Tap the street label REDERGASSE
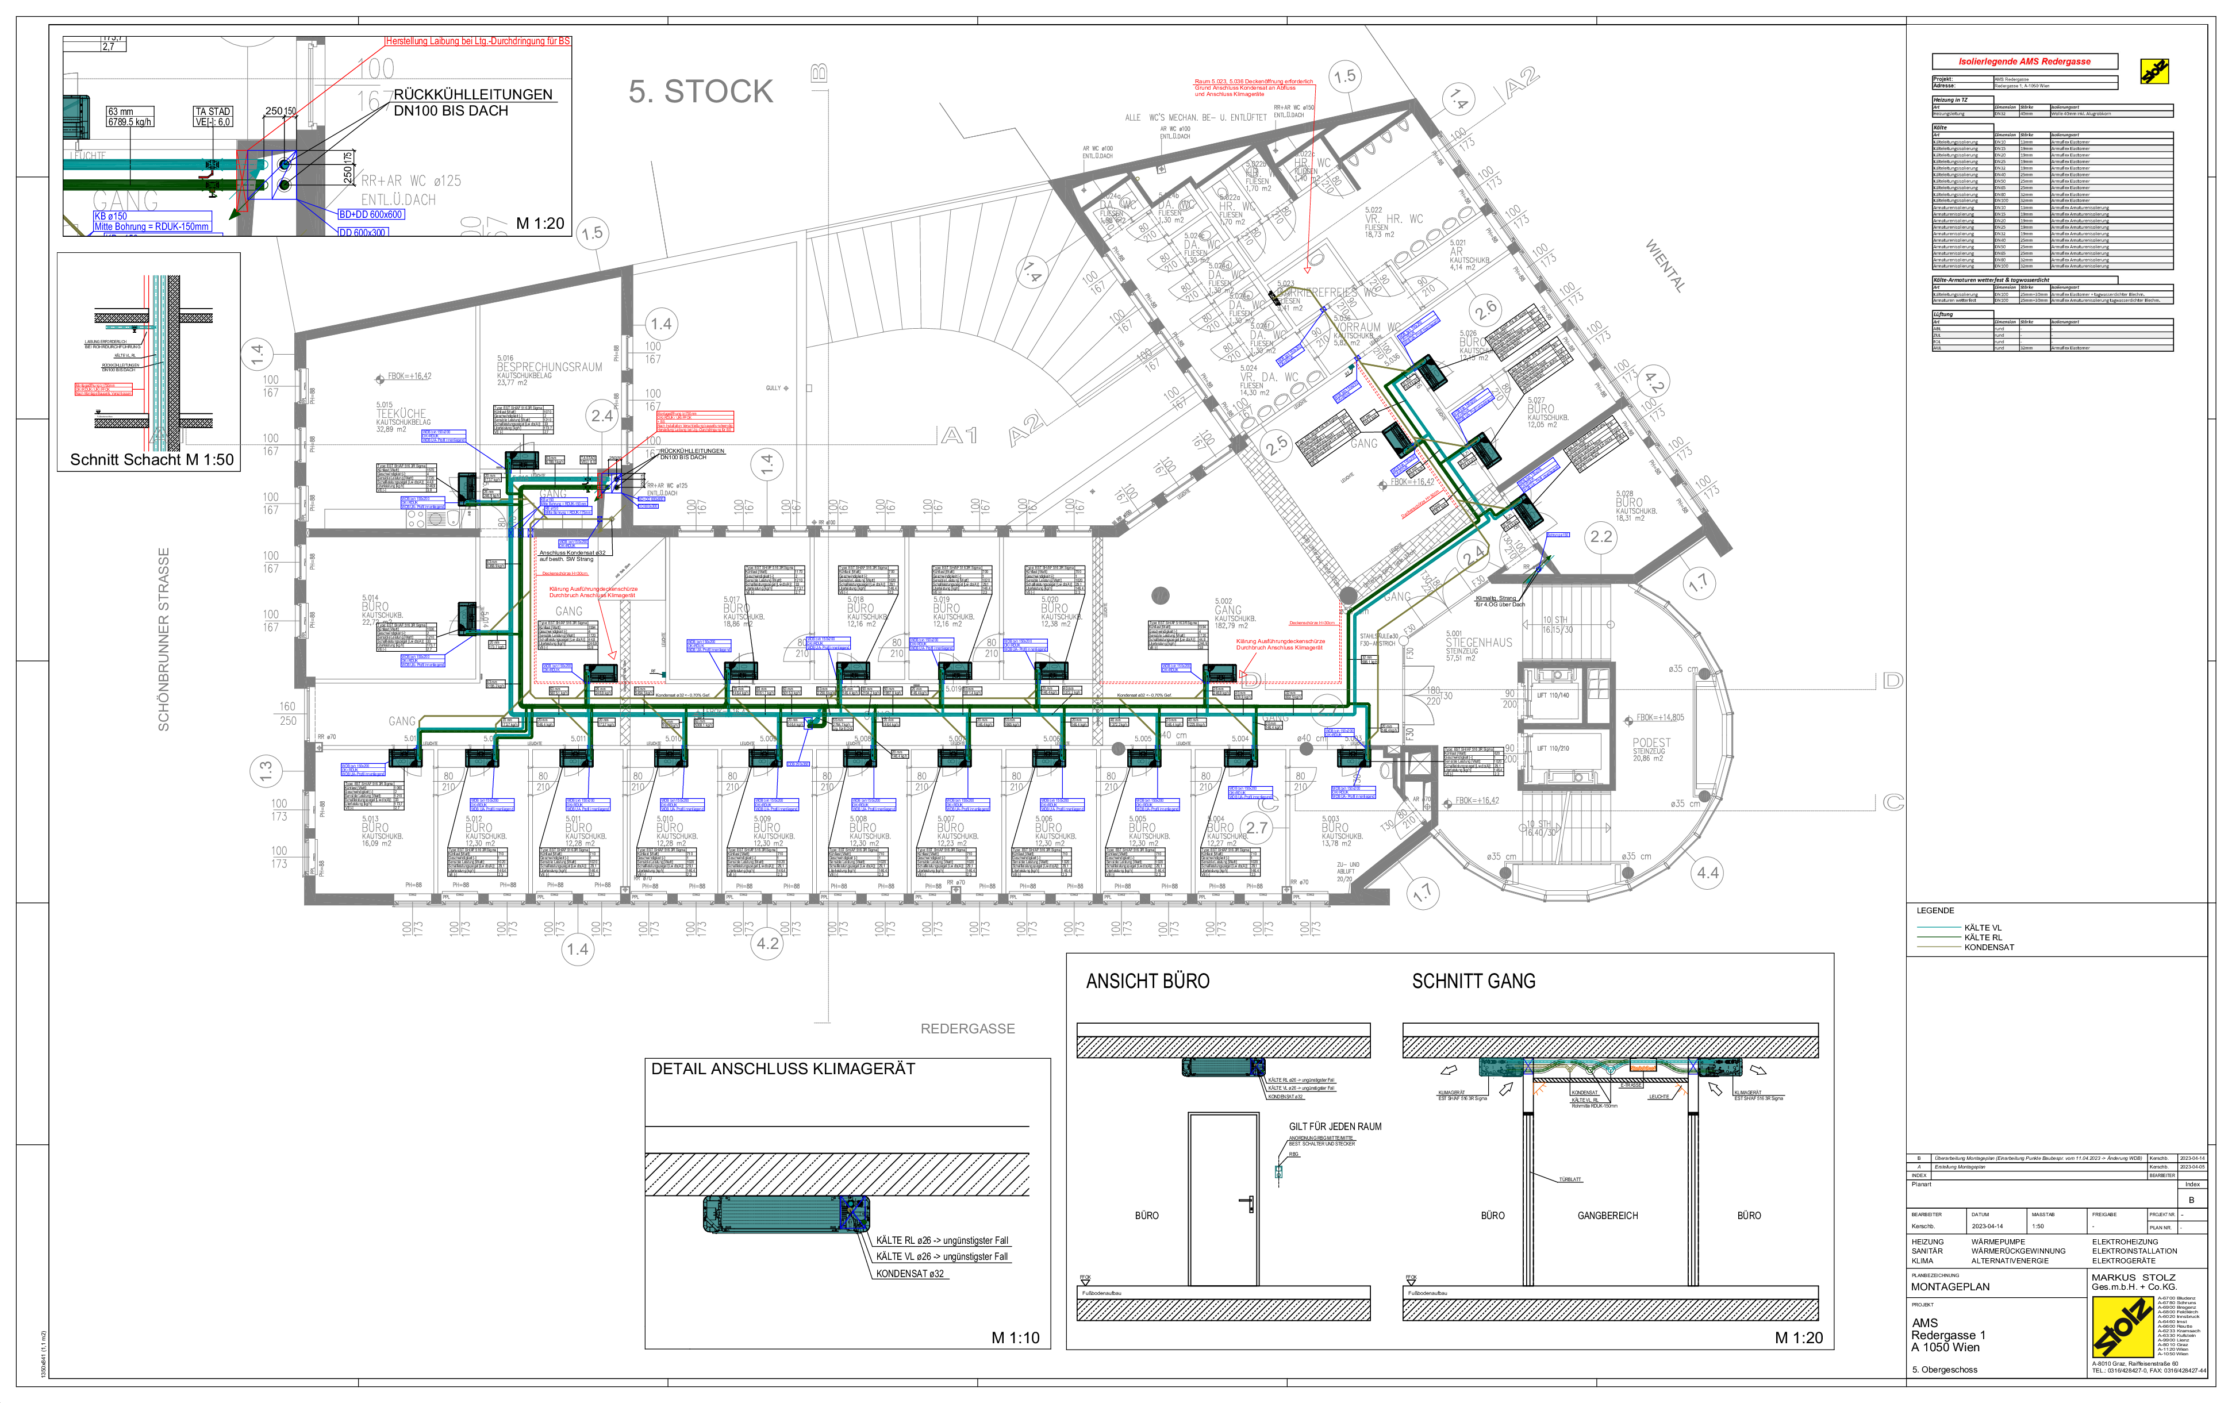pos(967,1029)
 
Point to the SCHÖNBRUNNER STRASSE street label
pos(164,639)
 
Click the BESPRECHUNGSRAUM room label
pos(549,367)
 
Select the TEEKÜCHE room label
pos(401,414)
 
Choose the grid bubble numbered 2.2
pos(1601,537)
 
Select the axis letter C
pos(1893,802)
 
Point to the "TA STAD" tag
pos(212,111)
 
